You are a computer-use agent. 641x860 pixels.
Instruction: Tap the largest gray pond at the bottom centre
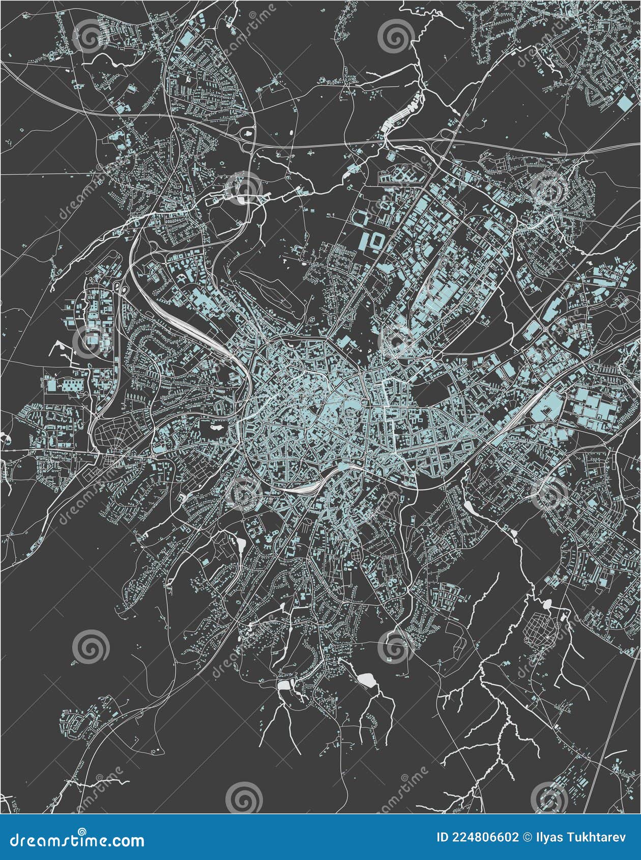365,679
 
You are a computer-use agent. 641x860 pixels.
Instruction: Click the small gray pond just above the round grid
547,605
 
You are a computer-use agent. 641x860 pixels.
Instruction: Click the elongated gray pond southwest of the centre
240,544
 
